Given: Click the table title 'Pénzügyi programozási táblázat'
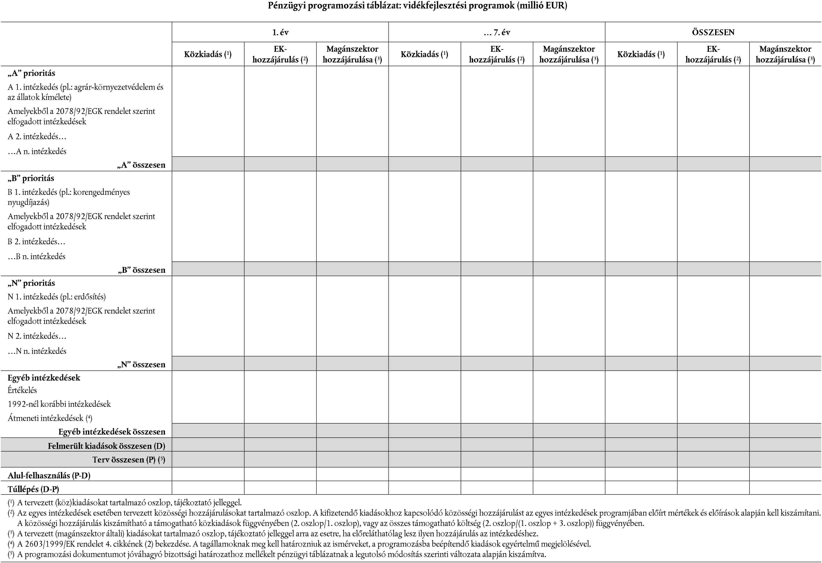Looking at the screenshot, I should click(417, 6).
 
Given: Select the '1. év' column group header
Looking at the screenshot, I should click(280, 32).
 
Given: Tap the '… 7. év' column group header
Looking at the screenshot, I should click(497, 32).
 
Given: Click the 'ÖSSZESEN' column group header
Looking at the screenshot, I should click(713, 32).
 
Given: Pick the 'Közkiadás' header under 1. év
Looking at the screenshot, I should click(208, 54).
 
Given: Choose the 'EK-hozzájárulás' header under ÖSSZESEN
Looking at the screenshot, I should click(713, 54).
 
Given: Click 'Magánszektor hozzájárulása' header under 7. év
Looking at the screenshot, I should click(569, 54).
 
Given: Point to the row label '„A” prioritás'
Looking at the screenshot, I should click(31, 73).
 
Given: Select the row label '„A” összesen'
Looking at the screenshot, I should click(141, 165).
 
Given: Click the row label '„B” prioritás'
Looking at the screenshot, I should click(31, 178).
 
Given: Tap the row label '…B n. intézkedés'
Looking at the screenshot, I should click(36, 256).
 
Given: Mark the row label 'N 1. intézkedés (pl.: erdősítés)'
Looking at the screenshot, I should click(57, 297).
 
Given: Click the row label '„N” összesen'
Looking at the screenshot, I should click(141, 364).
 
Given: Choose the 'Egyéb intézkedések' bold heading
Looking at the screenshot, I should click(44, 378).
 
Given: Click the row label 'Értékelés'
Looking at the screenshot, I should click(22, 390).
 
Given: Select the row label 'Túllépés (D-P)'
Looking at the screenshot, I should click(33, 489).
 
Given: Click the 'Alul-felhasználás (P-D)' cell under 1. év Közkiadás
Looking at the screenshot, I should click(208, 474).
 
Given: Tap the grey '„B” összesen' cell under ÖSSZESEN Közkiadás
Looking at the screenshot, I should click(641, 269).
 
